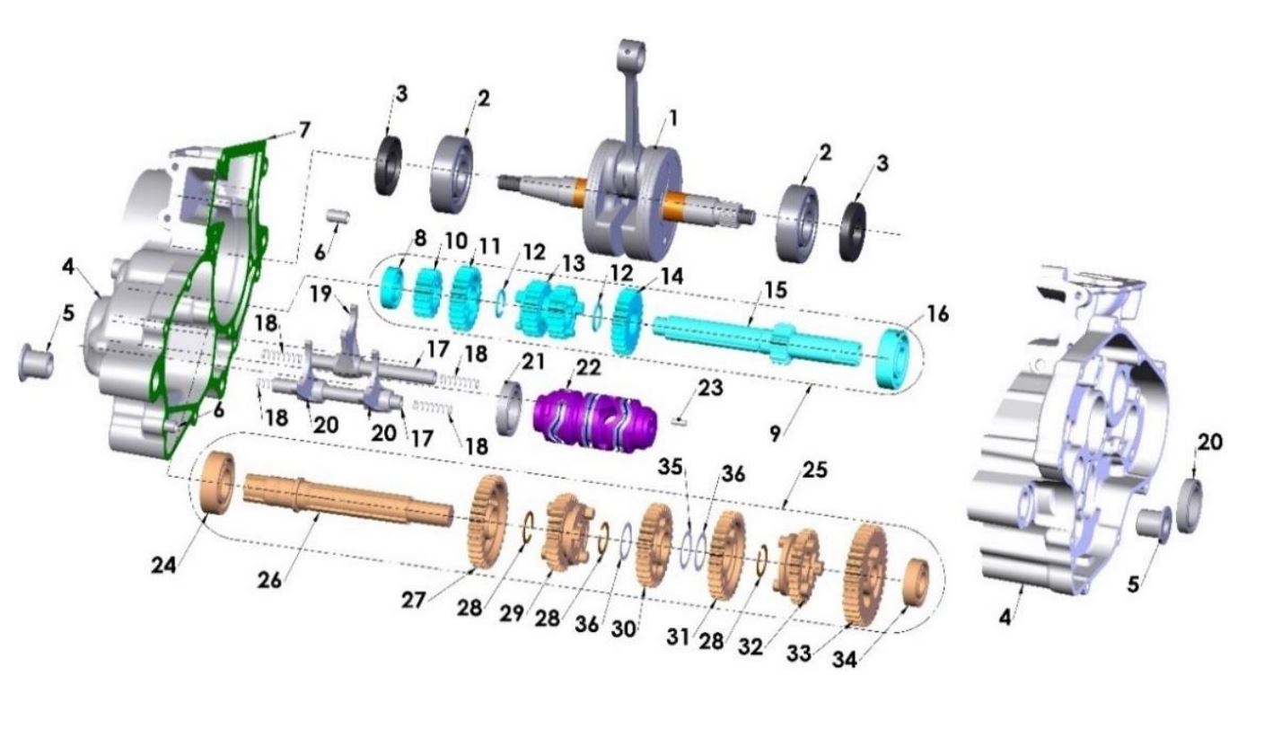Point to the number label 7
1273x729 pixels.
click(304, 130)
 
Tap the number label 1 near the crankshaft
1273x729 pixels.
click(672, 118)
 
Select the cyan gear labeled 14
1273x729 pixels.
click(631, 320)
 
